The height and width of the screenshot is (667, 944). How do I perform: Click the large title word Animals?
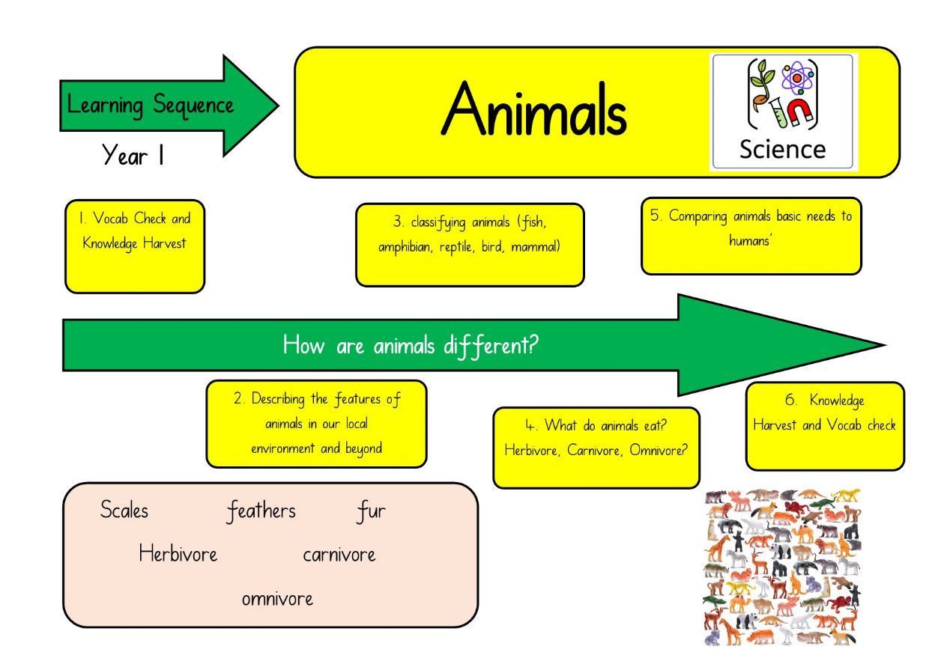pyautogui.click(x=534, y=109)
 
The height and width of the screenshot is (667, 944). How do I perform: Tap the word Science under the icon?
pyautogui.click(x=783, y=150)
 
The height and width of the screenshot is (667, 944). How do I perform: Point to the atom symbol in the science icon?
pyautogui.click(x=797, y=78)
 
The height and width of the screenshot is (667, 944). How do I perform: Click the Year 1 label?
pyautogui.click(x=133, y=154)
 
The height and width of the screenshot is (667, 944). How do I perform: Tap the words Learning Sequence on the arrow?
pyautogui.click(x=150, y=106)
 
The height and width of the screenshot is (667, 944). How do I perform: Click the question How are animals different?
pyautogui.click(x=411, y=346)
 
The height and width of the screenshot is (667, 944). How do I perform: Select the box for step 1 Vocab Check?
pyautogui.click(x=135, y=246)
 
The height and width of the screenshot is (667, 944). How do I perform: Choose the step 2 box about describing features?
pyautogui.click(x=316, y=424)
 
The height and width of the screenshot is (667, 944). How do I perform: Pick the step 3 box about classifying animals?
pyautogui.click(x=470, y=245)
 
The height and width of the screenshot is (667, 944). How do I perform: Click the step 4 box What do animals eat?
pyautogui.click(x=596, y=448)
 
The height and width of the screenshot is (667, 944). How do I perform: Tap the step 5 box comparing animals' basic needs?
pyautogui.click(x=751, y=236)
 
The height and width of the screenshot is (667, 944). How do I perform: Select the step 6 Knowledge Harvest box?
pyautogui.click(x=825, y=426)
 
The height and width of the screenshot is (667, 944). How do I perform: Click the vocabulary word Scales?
pyautogui.click(x=124, y=510)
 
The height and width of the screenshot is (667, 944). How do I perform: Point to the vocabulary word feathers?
pyautogui.click(x=261, y=511)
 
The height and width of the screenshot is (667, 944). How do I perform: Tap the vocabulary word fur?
pyautogui.click(x=371, y=511)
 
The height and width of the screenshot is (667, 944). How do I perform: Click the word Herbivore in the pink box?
pyautogui.click(x=178, y=553)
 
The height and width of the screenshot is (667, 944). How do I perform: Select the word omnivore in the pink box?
pyautogui.click(x=278, y=599)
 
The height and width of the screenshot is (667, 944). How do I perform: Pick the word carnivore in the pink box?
pyautogui.click(x=339, y=555)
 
